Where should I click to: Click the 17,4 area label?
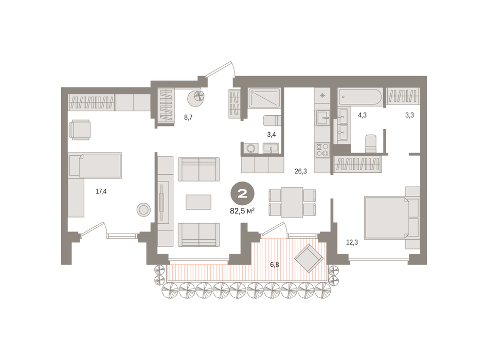101,191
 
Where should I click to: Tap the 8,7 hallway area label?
188,117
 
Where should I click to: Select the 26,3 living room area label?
301,171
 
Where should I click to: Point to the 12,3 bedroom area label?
352,242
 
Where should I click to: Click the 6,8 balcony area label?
275,265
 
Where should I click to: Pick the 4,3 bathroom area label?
362,115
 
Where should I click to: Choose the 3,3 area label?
409,115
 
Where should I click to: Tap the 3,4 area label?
272,135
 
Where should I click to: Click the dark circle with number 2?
242,193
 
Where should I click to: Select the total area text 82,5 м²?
242,211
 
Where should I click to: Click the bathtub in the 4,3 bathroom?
360,97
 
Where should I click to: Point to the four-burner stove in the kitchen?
322,150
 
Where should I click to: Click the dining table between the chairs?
292,202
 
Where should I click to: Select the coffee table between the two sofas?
198,202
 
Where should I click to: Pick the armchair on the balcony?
309,258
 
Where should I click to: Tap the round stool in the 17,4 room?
143,210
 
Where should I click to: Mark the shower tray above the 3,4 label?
264,98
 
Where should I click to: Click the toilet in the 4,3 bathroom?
371,144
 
